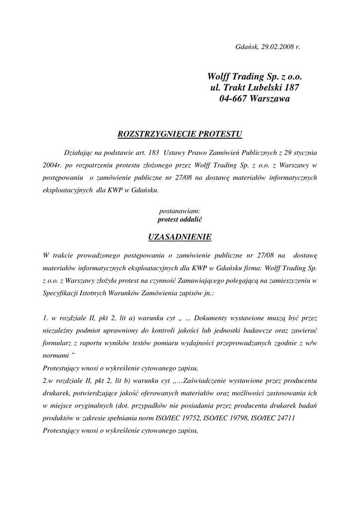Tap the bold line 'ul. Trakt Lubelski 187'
click(x=255, y=88)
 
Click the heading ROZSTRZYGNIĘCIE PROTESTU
click(x=180, y=134)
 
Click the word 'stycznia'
click(x=304, y=152)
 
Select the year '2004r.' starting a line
click(x=53, y=165)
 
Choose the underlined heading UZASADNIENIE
click(x=180, y=237)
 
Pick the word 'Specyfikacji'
click(x=61, y=294)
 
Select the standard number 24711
click(x=284, y=419)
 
